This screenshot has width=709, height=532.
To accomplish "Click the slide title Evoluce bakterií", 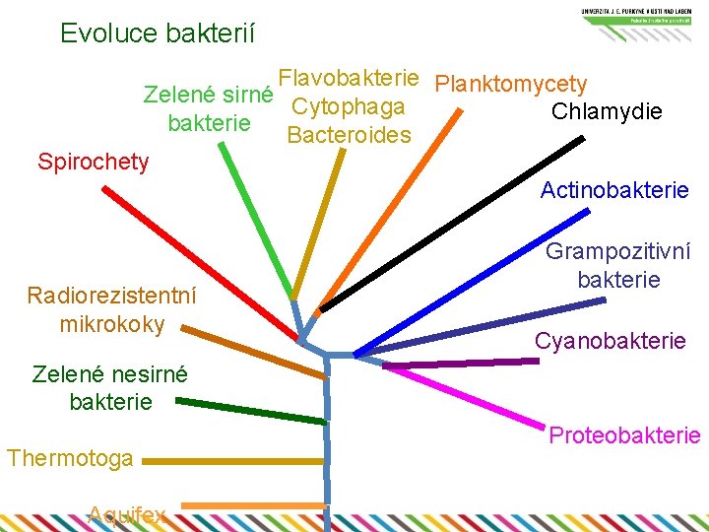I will click(158, 33).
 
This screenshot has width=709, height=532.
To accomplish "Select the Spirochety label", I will click(94, 162).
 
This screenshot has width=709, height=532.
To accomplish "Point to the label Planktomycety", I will click(510, 85).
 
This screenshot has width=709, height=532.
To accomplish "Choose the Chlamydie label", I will click(607, 111).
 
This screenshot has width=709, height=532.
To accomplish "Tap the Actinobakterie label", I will click(614, 190).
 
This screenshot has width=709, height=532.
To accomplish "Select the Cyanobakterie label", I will click(611, 341).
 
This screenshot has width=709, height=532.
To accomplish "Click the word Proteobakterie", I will click(624, 434).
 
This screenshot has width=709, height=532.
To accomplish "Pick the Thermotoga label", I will click(70, 458).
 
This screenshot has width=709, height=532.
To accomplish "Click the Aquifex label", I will click(127, 513).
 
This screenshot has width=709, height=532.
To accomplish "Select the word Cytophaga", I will click(349, 106).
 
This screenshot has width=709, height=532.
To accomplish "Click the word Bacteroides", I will click(349, 135).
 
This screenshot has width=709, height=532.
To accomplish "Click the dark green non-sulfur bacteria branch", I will click(251, 411).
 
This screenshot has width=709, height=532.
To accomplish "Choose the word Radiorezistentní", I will click(112, 296).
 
